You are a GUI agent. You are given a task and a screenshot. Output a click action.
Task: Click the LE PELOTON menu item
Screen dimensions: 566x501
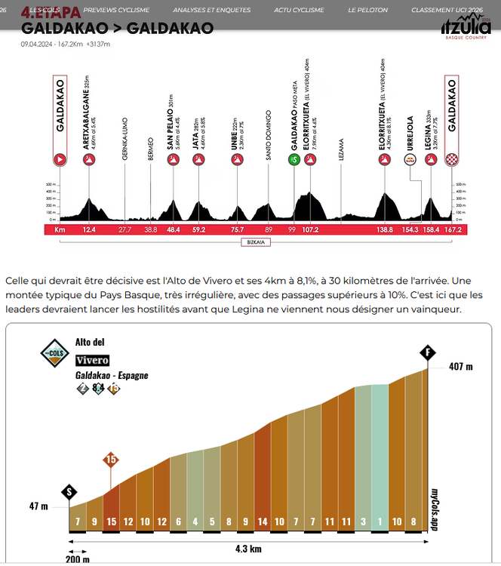pyautogui.click(x=368, y=11)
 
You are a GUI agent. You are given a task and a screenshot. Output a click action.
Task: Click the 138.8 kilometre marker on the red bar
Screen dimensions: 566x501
pyautogui.click(x=386, y=229)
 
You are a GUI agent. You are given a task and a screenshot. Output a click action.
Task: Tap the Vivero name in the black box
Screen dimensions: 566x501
pyautogui.click(x=92, y=360)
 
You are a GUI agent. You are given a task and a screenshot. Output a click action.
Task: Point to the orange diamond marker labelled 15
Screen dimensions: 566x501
pyautogui.click(x=111, y=459)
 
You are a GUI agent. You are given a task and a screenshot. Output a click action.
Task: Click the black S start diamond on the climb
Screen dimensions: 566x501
pyautogui.click(x=71, y=491)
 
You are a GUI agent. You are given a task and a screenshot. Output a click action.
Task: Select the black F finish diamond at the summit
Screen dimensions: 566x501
pyautogui.click(x=428, y=352)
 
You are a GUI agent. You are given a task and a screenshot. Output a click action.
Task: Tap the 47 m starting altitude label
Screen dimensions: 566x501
pyautogui.click(x=38, y=506)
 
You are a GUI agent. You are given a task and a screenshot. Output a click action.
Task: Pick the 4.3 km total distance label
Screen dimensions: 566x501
pyautogui.click(x=249, y=549)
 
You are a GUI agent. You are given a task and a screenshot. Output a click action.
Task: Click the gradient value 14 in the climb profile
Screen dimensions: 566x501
pyautogui.click(x=263, y=521)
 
